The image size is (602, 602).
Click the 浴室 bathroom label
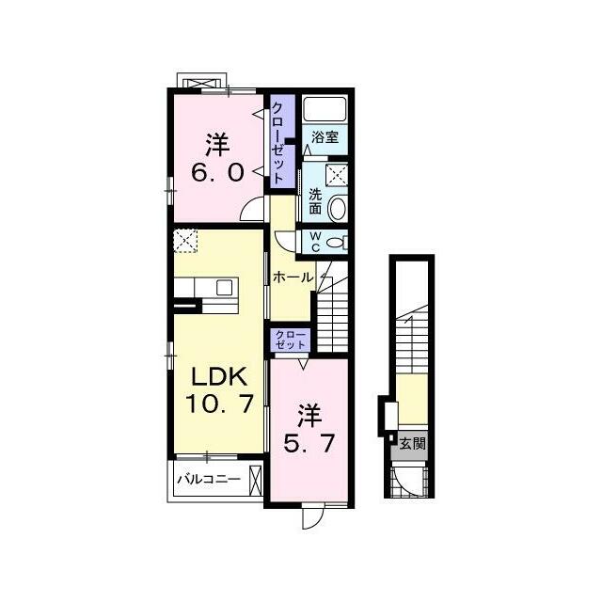tap(325, 137)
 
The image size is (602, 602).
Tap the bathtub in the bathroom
tap(325, 109)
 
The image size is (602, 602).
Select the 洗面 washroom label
tap(315, 201)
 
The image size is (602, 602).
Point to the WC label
tap(315, 242)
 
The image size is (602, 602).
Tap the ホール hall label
tap(293, 277)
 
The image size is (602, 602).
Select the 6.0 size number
tap(217, 172)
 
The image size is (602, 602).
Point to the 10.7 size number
tap(219, 404)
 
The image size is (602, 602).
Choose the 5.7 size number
tap(309, 443)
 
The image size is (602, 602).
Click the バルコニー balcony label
tap(209, 479)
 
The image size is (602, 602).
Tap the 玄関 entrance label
tap(413, 444)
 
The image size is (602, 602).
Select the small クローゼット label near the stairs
tap(291, 340)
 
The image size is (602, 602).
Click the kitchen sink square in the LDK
tap(224, 287)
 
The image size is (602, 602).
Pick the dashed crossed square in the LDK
tap(185, 241)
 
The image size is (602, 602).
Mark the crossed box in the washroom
tap(337, 175)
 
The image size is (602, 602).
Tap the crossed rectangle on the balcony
tap(255, 480)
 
